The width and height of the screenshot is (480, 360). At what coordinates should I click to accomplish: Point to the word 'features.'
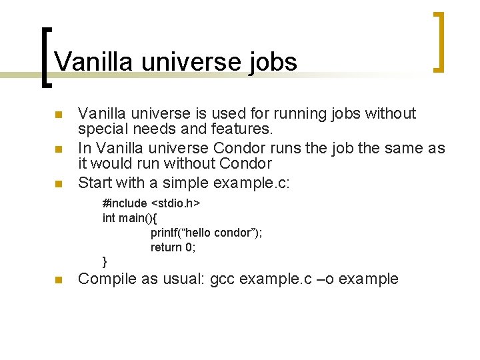242,129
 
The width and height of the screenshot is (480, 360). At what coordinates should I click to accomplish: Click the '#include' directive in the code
125,203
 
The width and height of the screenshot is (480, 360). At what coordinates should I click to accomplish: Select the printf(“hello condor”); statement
206,233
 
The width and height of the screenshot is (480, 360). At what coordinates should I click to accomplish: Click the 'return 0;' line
173,247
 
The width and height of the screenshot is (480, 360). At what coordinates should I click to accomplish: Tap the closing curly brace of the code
105,261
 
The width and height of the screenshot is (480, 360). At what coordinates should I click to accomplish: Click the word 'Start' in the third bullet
95,181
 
